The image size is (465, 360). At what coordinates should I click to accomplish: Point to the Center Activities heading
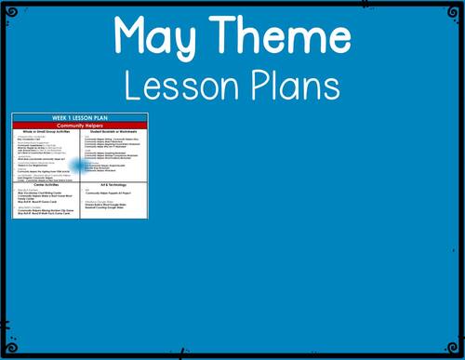point(46,184)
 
